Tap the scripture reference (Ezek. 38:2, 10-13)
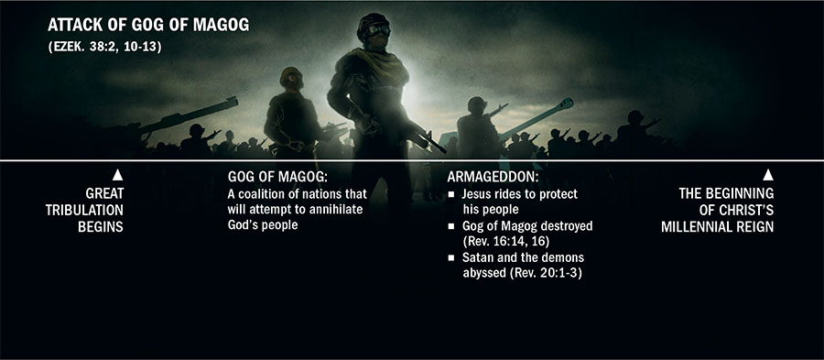point(106,49)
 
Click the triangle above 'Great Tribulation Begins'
point(117,174)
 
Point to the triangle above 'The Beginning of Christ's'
point(768,174)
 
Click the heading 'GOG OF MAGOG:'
point(271,176)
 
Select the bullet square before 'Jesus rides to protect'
point(452,195)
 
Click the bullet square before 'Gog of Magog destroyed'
point(452,226)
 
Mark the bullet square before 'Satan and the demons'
point(452,257)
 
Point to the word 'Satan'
point(477,257)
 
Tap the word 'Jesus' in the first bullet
point(477,195)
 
